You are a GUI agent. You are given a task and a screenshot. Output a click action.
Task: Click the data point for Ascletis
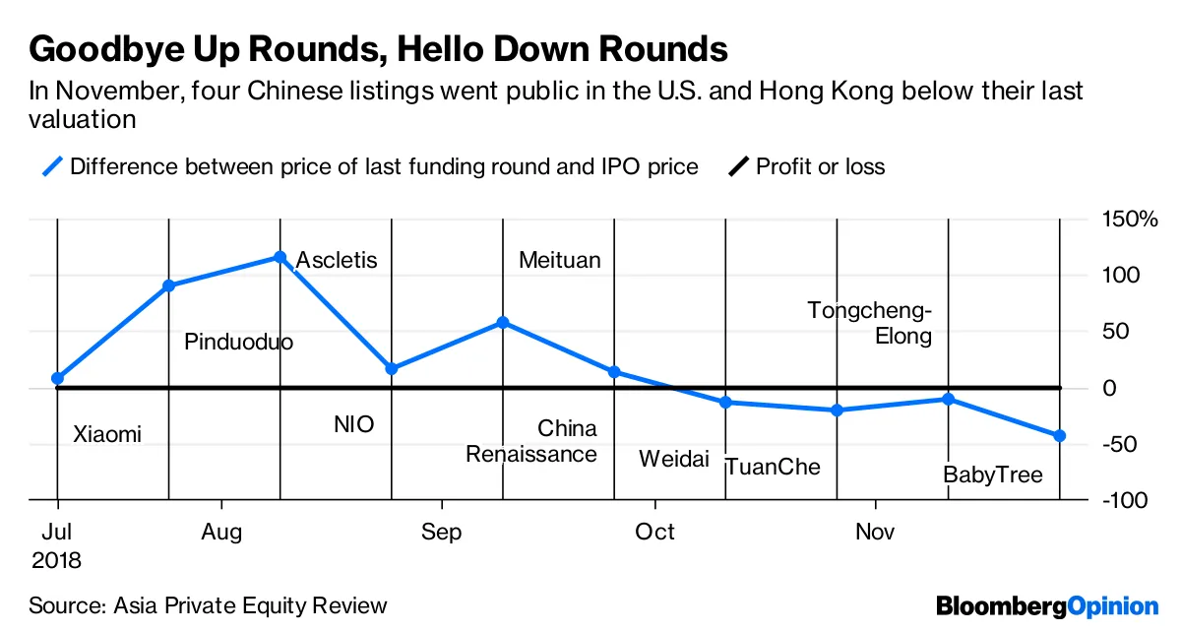tap(280, 257)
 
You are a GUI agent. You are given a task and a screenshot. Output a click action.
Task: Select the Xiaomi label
tap(107, 434)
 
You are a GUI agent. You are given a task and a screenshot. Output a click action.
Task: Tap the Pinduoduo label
tap(239, 343)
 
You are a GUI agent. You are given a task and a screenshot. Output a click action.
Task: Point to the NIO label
tap(354, 425)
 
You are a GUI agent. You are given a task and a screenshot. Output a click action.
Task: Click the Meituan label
tap(559, 261)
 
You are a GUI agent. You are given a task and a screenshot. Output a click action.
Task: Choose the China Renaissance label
tap(531, 442)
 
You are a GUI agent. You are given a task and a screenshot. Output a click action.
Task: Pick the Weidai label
tap(674, 459)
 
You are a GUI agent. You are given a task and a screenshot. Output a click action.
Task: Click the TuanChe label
tap(773, 467)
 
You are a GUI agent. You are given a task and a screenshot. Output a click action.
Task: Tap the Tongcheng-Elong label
tap(870, 323)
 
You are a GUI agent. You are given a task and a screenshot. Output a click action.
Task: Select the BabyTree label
tap(992, 475)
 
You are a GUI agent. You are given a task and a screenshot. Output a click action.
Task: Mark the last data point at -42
tap(1060, 436)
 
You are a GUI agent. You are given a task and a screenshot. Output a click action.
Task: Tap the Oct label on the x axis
tap(654, 533)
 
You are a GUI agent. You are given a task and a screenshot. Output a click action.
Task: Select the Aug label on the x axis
tap(221, 533)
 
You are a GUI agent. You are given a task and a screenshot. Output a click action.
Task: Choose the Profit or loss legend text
tap(820, 166)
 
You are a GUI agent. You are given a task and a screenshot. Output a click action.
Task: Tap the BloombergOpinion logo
tap(1047, 605)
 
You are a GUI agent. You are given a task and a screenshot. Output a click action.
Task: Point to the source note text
tap(208, 605)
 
